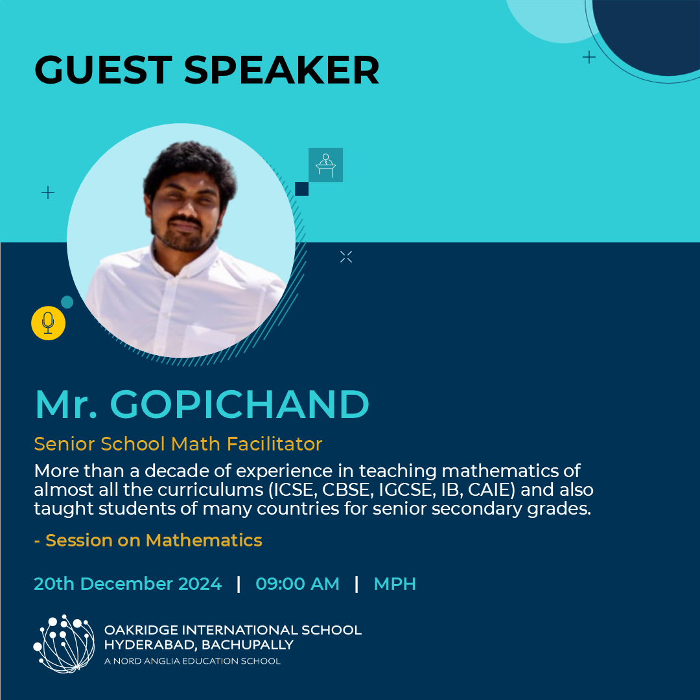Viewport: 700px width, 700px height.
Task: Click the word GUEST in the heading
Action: pos(103,69)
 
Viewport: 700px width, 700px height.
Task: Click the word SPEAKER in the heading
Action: pos(282,69)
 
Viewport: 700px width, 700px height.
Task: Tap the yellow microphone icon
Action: pos(48,323)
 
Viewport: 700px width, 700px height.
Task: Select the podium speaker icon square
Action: pos(325,165)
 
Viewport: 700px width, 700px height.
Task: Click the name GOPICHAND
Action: pos(239,404)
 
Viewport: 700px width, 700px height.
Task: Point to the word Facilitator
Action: pos(274,444)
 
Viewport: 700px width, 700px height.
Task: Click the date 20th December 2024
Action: pos(128,583)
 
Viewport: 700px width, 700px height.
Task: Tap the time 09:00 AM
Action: pos(297,583)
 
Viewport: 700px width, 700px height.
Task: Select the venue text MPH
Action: pos(395,583)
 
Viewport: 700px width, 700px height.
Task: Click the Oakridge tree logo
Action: pos(64,644)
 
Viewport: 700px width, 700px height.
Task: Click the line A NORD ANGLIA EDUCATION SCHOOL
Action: pos(192,661)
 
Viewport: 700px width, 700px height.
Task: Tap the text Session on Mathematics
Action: pos(154,540)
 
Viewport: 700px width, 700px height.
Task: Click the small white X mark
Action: pos(346,257)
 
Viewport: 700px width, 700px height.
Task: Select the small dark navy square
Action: pos(302,189)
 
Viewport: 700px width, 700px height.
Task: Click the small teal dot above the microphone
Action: pos(67,302)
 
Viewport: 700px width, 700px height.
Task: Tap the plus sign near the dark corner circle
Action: pos(589,57)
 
